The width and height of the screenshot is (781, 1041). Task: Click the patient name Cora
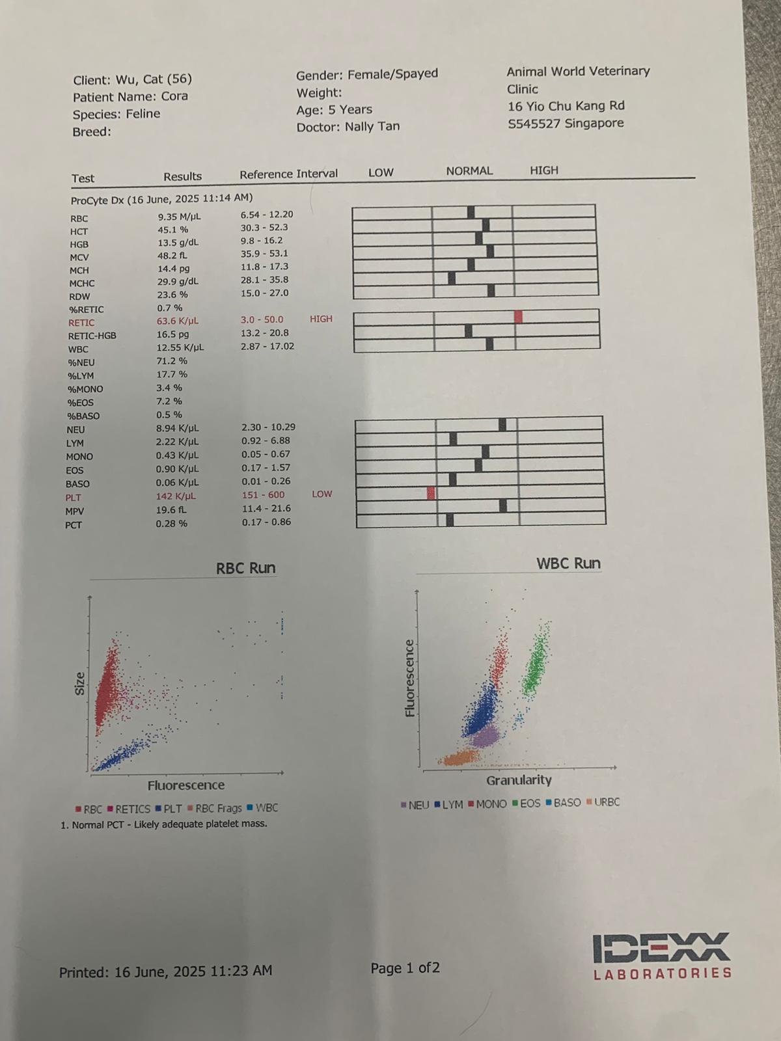pyautogui.click(x=174, y=96)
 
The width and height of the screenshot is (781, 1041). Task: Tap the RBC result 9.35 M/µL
pyautogui.click(x=179, y=217)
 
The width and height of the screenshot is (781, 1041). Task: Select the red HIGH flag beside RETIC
pyautogui.click(x=321, y=319)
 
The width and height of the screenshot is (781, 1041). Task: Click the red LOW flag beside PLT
pyautogui.click(x=322, y=494)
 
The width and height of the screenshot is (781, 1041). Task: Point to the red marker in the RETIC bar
pyautogui.click(x=518, y=317)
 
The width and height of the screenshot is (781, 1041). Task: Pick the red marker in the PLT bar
pyautogui.click(x=431, y=493)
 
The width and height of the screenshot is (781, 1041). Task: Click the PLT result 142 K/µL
pyautogui.click(x=176, y=496)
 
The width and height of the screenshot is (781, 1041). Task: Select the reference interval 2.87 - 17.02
pyautogui.click(x=267, y=346)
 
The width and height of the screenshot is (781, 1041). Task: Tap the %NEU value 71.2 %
pyautogui.click(x=172, y=361)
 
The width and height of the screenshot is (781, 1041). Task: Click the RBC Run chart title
pyautogui.click(x=245, y=568)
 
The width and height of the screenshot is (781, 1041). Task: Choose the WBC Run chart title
pyautogui.click(x=568, y=563)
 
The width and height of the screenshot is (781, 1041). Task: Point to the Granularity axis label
pyautogui.click(x=519, y=779)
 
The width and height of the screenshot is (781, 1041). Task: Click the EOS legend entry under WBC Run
pyautogui.click(x=527, y=804)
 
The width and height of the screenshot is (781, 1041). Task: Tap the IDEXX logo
pyautogui.click(x=661, y=955)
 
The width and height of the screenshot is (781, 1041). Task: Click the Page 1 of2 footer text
pyautogui.click(x=405, y=968)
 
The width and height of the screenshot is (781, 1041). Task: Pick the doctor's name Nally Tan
pyautogui.click(x=372, y=126)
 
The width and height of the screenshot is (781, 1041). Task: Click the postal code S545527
pyautogui.click(x=534, y=124)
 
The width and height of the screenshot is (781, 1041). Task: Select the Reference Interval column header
pyautogui.click(x=288, y=174)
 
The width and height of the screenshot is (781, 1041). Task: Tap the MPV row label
pyautogui.click(x=74, y=511)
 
